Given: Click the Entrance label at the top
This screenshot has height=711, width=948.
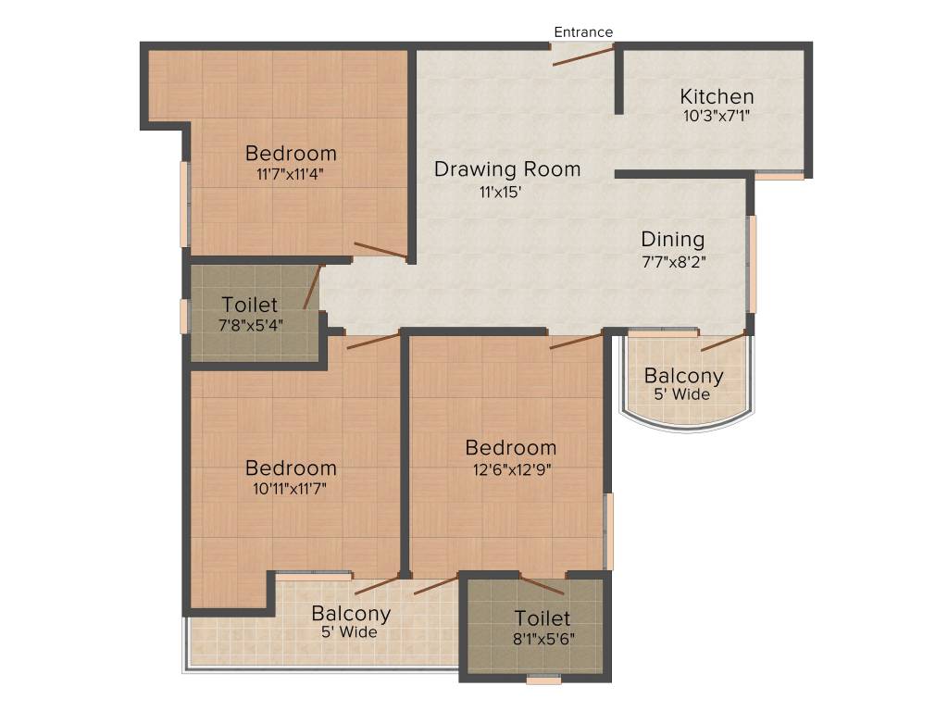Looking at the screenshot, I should (x=583, y=31).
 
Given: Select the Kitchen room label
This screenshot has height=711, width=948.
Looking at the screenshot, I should (x=717, y=96).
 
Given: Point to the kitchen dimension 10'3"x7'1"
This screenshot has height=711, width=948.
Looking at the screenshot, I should (x=717, y=118).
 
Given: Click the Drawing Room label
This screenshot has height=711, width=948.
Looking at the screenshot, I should (x=507, y=169).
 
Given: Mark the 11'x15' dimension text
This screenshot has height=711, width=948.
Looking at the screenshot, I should (x=501, y=193).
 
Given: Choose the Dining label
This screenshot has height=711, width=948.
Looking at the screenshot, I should (x=673, y=240).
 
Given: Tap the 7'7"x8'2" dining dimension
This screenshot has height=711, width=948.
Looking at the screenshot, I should (x=674, y=262).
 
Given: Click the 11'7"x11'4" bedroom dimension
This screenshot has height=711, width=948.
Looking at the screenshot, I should (x=290, y=173).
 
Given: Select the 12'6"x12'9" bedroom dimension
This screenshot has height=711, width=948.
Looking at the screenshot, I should (x=510, y=468).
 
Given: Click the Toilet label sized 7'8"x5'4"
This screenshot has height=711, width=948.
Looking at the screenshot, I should (x=250, y=305).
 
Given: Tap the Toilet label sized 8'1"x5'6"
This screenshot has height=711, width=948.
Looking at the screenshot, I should (x=543, y=618).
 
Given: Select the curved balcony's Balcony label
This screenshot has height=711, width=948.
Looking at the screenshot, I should (x=683, y=376).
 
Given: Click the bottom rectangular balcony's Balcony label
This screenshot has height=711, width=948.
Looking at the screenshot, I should (x=351, y=613).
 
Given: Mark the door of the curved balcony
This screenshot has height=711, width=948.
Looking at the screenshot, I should (x=723, y=343).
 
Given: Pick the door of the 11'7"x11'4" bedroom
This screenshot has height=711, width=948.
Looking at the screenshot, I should (x=380, y=250).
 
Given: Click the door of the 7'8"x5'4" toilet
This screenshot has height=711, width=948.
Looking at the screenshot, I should (x=313, y=287).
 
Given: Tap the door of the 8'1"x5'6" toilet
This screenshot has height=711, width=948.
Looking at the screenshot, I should (x=542, y=584).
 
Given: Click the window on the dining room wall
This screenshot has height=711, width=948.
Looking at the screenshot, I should (x=753, y=264).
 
